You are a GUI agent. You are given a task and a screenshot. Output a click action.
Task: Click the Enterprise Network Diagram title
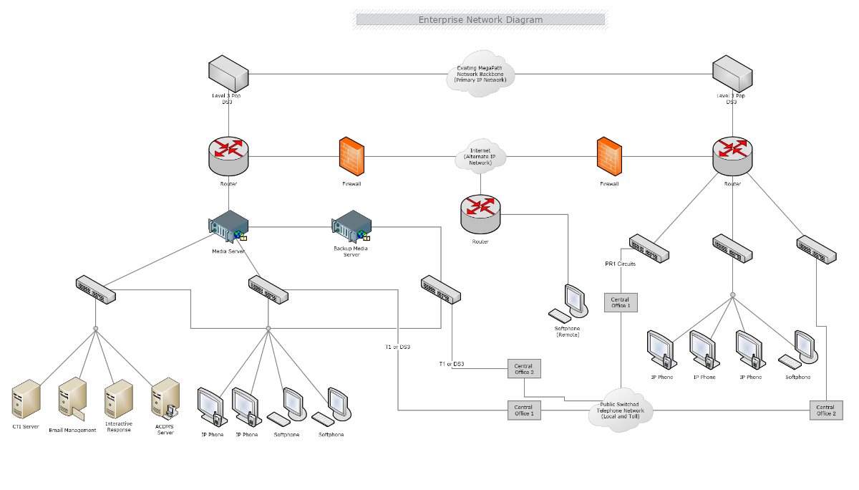(x=480, y=20)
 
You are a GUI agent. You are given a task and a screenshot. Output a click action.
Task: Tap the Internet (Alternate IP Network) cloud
(x=480, y=157)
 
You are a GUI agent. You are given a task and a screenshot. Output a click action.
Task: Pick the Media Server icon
(x=228, y=226)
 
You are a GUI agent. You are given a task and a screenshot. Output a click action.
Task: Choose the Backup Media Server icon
(x=351, y=226)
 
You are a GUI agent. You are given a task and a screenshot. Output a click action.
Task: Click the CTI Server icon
(x=26, y=400)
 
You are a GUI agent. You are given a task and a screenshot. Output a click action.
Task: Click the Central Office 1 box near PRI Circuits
(x=620, y=302)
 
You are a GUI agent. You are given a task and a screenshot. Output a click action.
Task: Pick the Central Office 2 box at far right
(x=826, y=410)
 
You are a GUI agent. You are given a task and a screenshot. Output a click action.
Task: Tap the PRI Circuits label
(x=620, y=264)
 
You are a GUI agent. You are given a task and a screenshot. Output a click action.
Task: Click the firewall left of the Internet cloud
(x=351, y=156)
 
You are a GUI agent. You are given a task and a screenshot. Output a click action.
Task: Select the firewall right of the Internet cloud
(x=609, y=156)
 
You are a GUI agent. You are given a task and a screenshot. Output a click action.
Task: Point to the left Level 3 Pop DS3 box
(x=228, y=75)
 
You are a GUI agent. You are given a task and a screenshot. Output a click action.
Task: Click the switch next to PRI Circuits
(x=649, y=247)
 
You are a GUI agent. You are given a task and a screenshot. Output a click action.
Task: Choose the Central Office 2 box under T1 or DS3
(x=524, y=368)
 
